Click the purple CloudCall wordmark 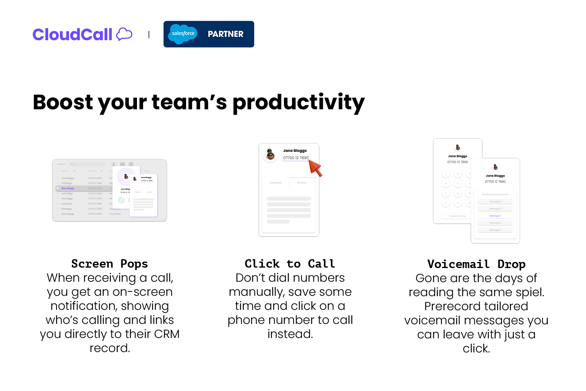coord(72,35)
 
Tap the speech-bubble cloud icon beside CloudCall coord(124,34)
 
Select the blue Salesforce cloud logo coord(183,34)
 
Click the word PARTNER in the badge coord(225,34)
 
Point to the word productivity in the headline coord(298,102)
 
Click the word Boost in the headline coord(63,102)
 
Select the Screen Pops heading coord(109,264)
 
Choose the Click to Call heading coord(290,264)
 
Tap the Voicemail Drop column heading coord(476,264)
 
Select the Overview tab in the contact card coord(276,183)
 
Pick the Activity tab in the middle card coord(302,183)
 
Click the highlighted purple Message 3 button coord(495,216)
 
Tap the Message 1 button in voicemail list coord(495,202)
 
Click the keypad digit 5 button coord(457,184)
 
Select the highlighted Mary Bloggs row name coord(68,188)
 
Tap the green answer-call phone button coord(121,200)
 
